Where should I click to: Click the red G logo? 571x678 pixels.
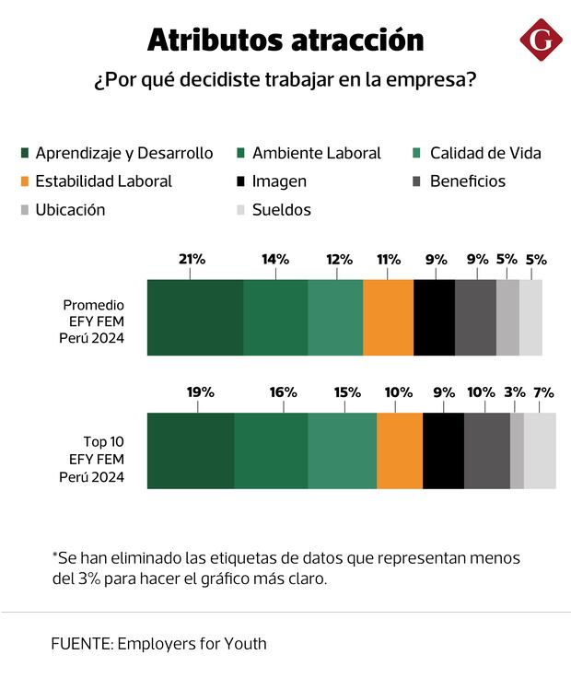coord(542,39)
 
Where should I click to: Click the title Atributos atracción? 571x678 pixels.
coord(285,40)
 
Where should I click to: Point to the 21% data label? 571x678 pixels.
coord(192,260)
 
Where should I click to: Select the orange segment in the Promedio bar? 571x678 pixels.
coord(388,317)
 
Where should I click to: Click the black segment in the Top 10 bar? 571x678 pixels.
coord(443,450)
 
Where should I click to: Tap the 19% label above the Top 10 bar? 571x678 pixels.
coord(201,392)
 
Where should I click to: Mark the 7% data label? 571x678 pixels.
coord(543,392)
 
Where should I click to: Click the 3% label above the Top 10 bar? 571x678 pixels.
coord(515,392)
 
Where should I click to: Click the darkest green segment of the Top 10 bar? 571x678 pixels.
coord(191,450)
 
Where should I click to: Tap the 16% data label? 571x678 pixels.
coord(284,392)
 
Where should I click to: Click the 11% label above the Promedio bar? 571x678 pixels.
coord(388,260)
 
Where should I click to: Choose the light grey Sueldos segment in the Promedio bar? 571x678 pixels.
coord(531,317)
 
